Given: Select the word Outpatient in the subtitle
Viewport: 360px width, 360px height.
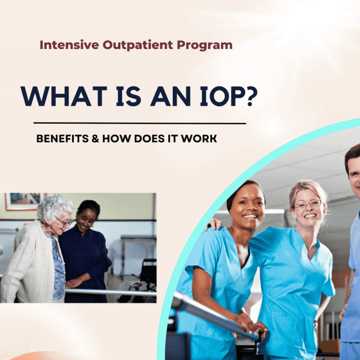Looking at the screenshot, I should (130, 46).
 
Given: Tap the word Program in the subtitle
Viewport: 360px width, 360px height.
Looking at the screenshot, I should (204, 46).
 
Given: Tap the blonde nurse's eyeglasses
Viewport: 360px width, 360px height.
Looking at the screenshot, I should (309, 205).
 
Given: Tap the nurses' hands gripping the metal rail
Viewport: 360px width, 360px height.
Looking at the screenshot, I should (253, 329).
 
